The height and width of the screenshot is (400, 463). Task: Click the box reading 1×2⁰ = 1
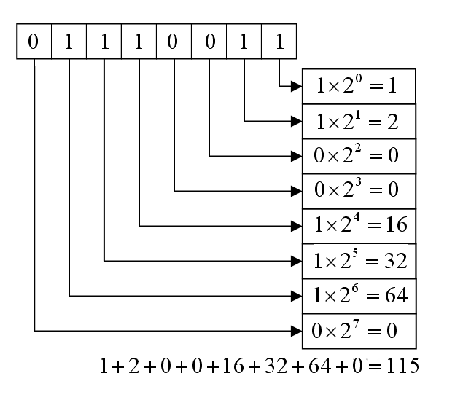[359, 85]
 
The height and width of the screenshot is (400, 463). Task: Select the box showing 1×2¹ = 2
[359, 120]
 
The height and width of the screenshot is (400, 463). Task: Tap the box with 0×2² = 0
[359, 155]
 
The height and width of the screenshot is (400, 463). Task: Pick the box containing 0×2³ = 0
[359, 190]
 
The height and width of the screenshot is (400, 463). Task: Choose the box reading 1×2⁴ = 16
[359, 225]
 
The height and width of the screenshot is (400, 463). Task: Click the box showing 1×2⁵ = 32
[359, 260]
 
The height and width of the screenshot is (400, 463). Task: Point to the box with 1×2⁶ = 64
[359, 295]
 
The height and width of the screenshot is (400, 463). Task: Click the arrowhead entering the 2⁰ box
[297, 85]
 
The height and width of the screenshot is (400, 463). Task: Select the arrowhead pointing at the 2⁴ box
[297, 225]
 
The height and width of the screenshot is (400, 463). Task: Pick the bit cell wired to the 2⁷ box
[34, 42]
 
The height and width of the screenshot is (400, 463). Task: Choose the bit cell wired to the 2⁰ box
[279, 42]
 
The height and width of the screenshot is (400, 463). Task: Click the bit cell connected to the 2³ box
[174, 42]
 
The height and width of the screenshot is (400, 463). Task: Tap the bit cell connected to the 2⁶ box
[69, 42]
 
